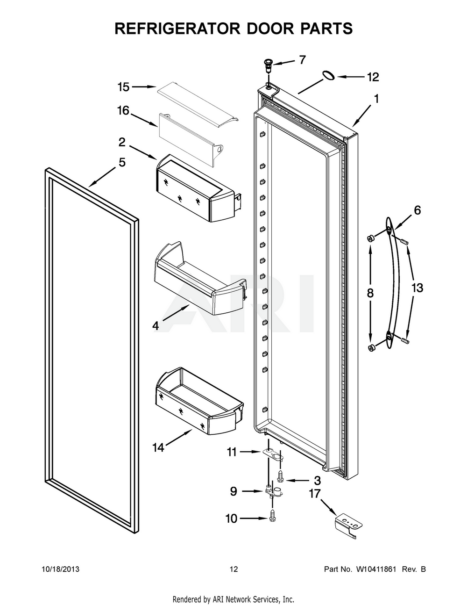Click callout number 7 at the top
point(302,60)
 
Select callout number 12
point(372,77)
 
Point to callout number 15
point(123,86)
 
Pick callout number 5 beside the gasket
point(121,163)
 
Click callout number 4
point(156,326)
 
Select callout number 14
point(158,447)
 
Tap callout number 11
point(232,452)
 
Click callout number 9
point(233,491)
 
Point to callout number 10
point(232,518)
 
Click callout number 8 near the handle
point(370,293)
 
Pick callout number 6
point(417,210)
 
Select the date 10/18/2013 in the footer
point(60,569)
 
